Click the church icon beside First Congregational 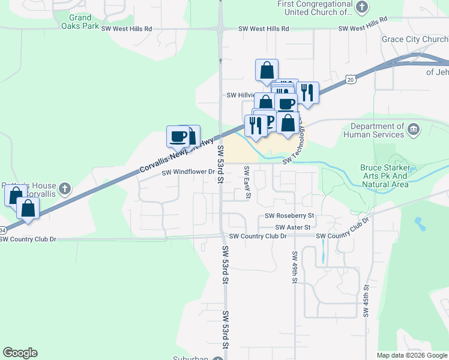pos(361,7)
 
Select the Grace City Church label pos(414,40)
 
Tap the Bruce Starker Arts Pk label pos(384,176)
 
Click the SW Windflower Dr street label pos(188,172)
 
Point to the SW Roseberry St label pos(290,215)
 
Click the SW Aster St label pos(293,227)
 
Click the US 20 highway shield pos(351,79)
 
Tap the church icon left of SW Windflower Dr pos(65,190)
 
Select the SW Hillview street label pos(240,95)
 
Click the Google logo pos(20,353)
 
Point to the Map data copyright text pos(412,355)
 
